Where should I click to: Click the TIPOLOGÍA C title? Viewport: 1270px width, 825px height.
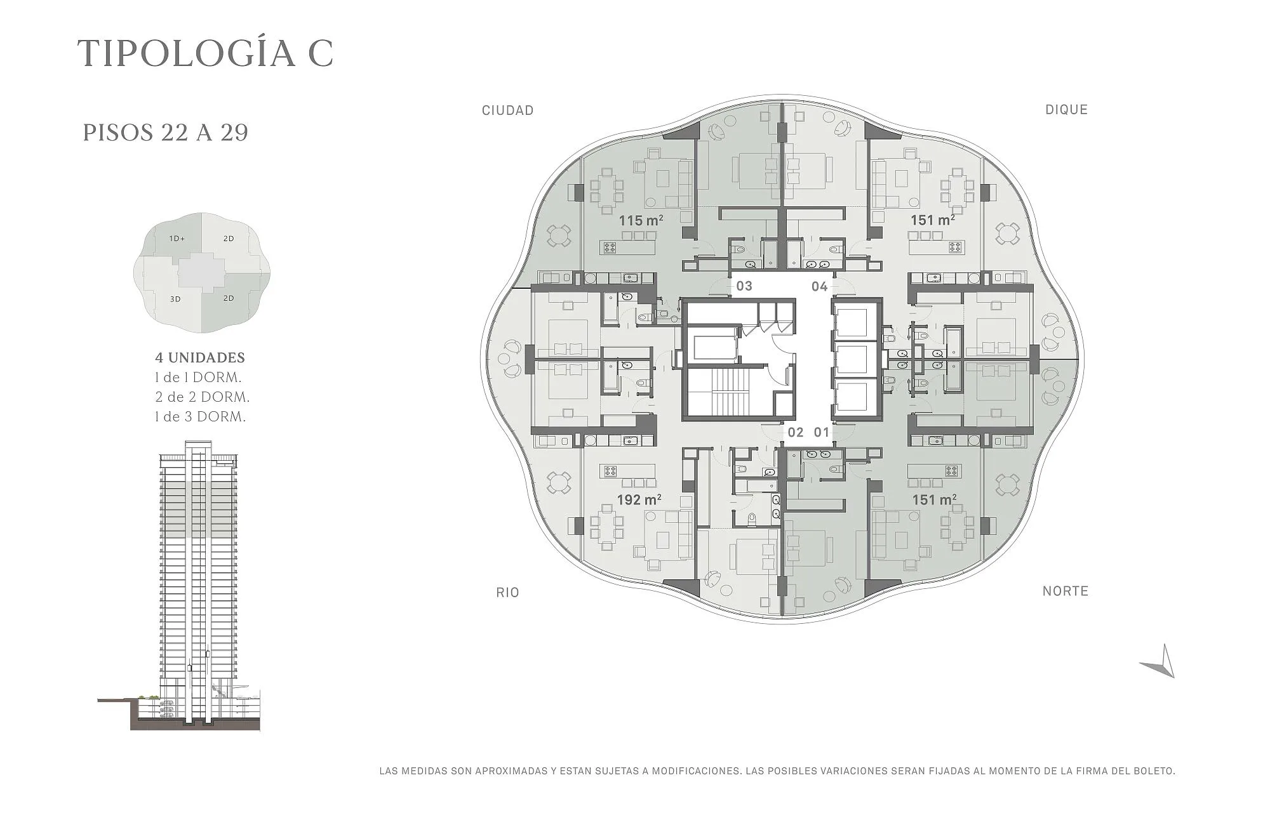click(205, 53)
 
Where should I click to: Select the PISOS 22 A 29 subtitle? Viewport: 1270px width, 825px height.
click(165, 133)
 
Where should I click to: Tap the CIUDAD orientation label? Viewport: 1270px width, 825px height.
click(507, 110)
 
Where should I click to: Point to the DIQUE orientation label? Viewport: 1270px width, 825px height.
click(1066, 110)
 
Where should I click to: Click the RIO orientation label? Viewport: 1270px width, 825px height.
click(507, 593)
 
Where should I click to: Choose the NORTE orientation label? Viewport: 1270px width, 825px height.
click(1066, 591)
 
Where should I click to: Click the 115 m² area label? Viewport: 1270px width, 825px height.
click(641, 221)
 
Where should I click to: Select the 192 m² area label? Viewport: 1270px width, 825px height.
click(639, 500)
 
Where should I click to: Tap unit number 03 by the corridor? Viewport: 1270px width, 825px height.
click(744, 286)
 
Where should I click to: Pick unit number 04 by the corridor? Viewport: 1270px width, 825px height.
click(819, 286)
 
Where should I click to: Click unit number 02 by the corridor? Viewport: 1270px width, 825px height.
click(796, 433)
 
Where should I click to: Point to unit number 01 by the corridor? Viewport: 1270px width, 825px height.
click(822, 433)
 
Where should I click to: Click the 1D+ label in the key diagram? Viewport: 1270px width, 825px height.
click(177, 239)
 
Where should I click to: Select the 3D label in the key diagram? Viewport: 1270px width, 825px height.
click(175, 299)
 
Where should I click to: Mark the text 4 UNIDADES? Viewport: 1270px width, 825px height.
click(200, 357)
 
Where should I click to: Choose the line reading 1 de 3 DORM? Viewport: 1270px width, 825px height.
click(200, 416)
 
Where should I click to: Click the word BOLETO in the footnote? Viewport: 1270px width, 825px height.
click(1153, 772)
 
